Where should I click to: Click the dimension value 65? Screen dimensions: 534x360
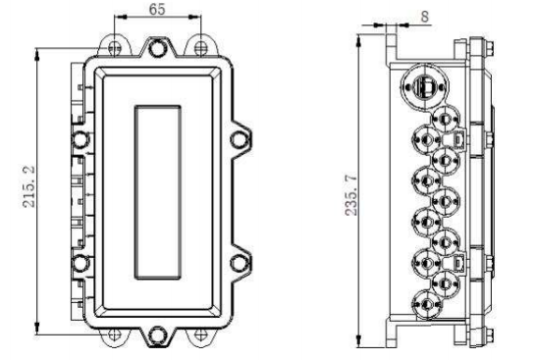(157, 9)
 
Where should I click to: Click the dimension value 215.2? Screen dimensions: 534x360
(28, 186)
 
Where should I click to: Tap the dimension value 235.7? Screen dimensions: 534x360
(351, 195)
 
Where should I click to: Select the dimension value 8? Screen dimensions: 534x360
(424, 17)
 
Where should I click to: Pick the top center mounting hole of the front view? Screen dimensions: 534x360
(157, 48)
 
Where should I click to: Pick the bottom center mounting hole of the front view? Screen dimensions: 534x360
(157, 335)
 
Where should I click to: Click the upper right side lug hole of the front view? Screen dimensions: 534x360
(239, 140)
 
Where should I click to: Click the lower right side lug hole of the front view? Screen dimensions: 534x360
(239, 263)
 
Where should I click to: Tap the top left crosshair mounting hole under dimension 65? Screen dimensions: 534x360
(115, 48)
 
